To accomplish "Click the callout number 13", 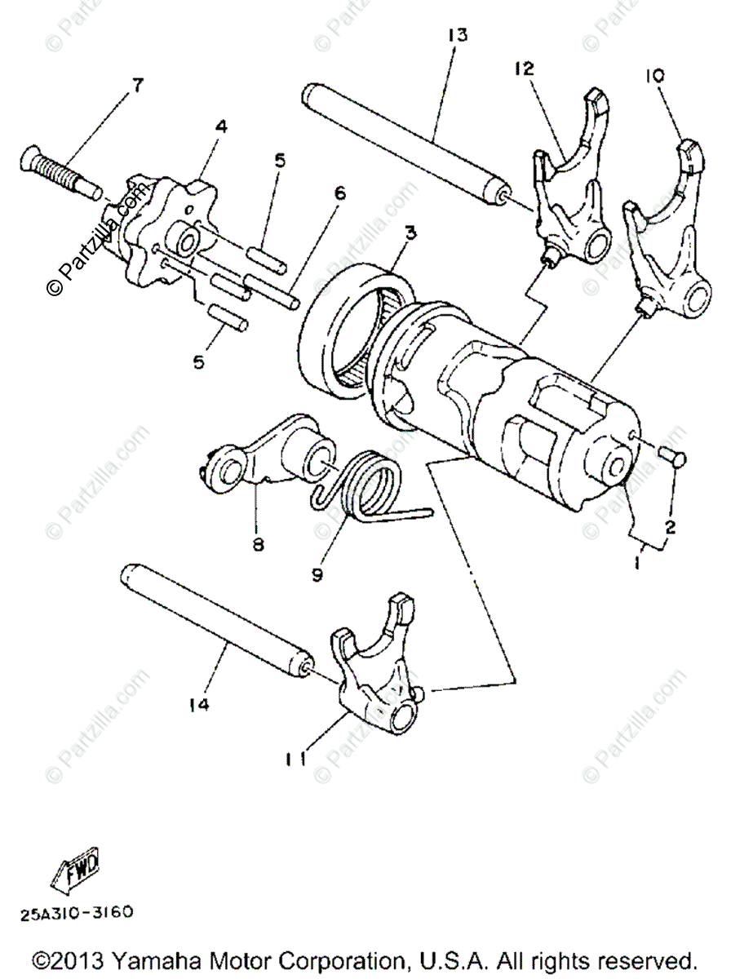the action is (x=457, y=35).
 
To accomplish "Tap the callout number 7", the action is (x=137, y=84).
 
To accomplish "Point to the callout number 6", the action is (x=339, y=193).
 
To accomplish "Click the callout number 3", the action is (x=410, y=234).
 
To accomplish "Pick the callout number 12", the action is (x=522, y=69).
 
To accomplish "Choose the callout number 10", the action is (x=655, y=76).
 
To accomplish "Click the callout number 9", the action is (x=316, y=574).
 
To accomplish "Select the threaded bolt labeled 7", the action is (x=57, y=168).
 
